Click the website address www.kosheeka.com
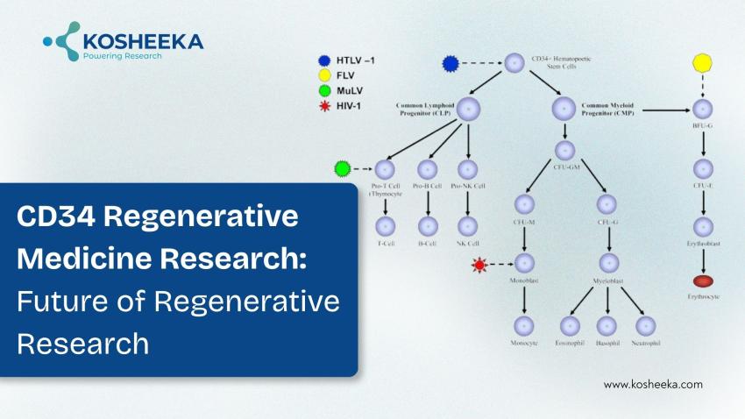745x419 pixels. tap(653, 384)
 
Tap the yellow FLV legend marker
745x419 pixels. tap(323, 75)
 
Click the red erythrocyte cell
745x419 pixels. tap(702, 281)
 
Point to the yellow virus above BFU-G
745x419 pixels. tap(701, 64)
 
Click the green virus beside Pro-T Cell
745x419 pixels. tap(344, 168)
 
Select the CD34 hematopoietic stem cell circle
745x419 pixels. tap(514, 63)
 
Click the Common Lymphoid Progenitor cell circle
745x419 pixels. tap(470, 109)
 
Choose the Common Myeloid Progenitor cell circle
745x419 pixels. tap(564, 109)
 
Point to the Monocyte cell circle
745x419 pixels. tap(524, 324)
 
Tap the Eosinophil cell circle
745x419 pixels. tap(570, 324)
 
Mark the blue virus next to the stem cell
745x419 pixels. tap(451, 63)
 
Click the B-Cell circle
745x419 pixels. tap(428, 226)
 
